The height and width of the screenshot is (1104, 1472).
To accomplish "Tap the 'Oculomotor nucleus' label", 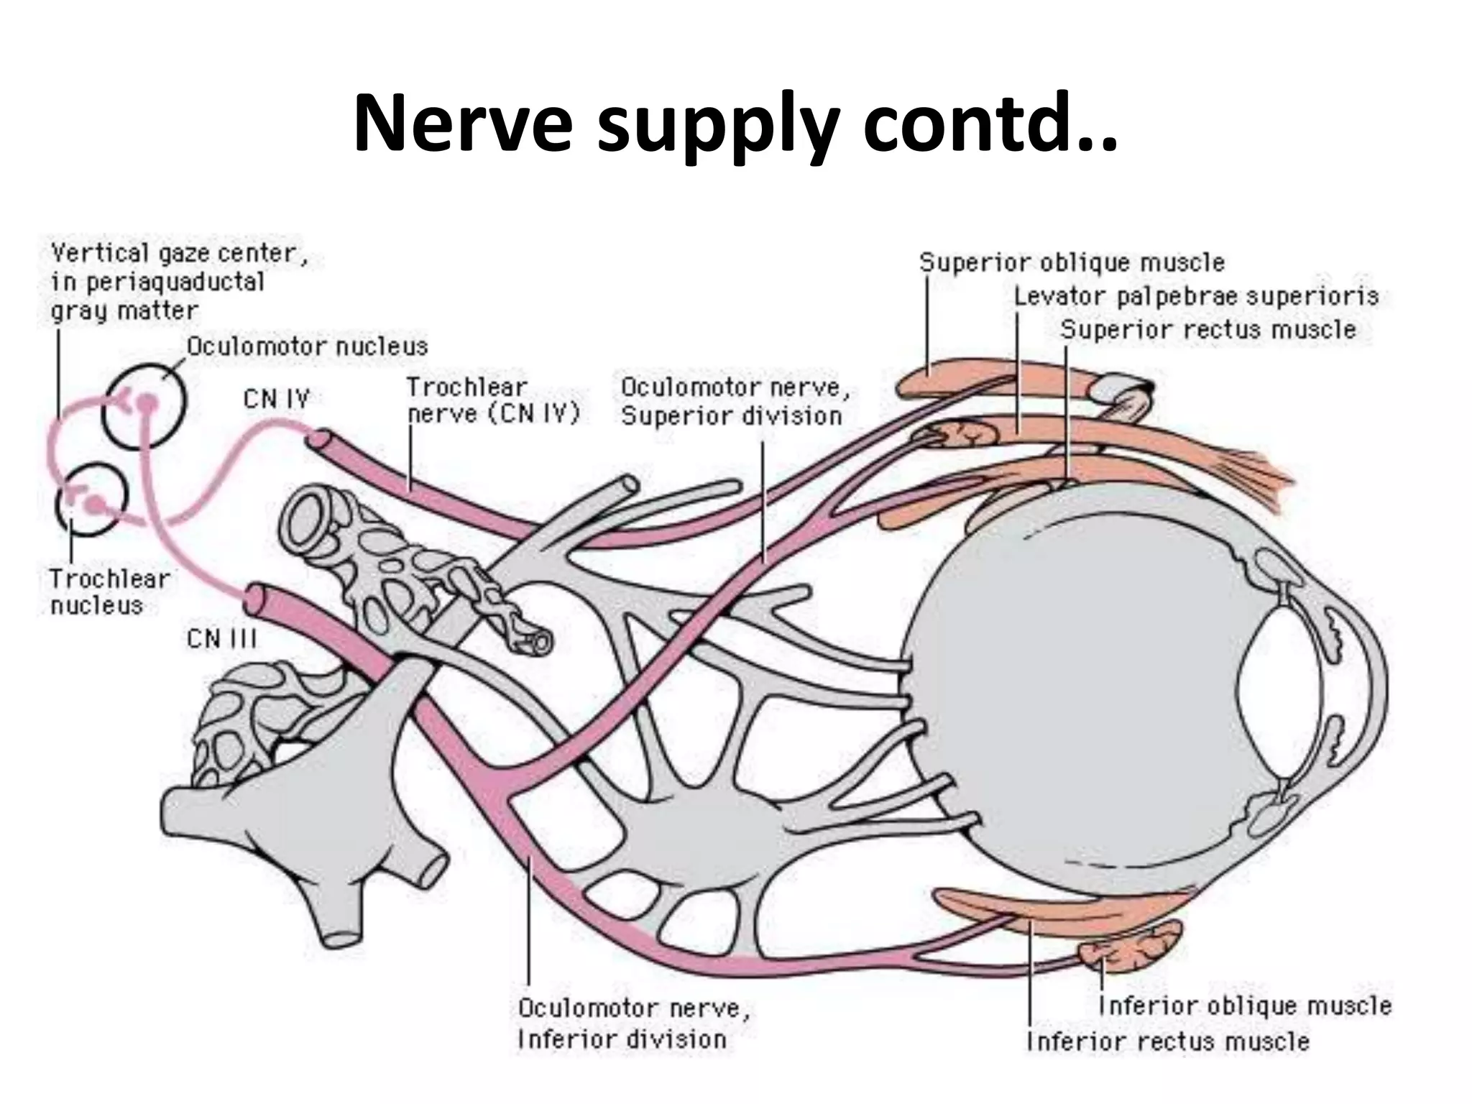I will pyautogui.click(x=307, y=347).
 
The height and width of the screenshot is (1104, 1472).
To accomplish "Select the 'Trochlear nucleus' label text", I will pyautogui.click(x=109, y=592).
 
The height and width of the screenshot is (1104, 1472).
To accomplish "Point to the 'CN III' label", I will pyautogui.click(x=221, y=639).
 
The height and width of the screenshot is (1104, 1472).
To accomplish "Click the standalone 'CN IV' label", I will pyautogui.click(x=276, y=398).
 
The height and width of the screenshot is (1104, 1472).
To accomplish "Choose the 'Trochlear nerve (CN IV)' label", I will pyautogui.click(x=492, y=401).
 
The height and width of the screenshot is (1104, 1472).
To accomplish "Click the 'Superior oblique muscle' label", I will pyautogui.click(x=1072, y=262).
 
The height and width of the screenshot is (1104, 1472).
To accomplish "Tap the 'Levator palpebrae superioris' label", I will pyautogui.click(x=1196, y=296).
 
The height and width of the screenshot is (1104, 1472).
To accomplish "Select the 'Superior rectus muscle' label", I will pyautogui.click(x=1208, y=330).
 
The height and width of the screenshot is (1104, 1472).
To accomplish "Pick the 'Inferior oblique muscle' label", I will pyautogui.click(x=1245, y=1006).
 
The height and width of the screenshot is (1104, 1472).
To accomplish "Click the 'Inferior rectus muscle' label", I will pyautogui.click(x=1168, y=1041).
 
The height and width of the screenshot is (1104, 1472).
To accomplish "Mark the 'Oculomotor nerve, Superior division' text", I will pyautogui.click(x=735, y=402).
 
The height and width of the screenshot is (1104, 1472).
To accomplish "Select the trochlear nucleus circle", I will pyautogui.click(x=91, y=500).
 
